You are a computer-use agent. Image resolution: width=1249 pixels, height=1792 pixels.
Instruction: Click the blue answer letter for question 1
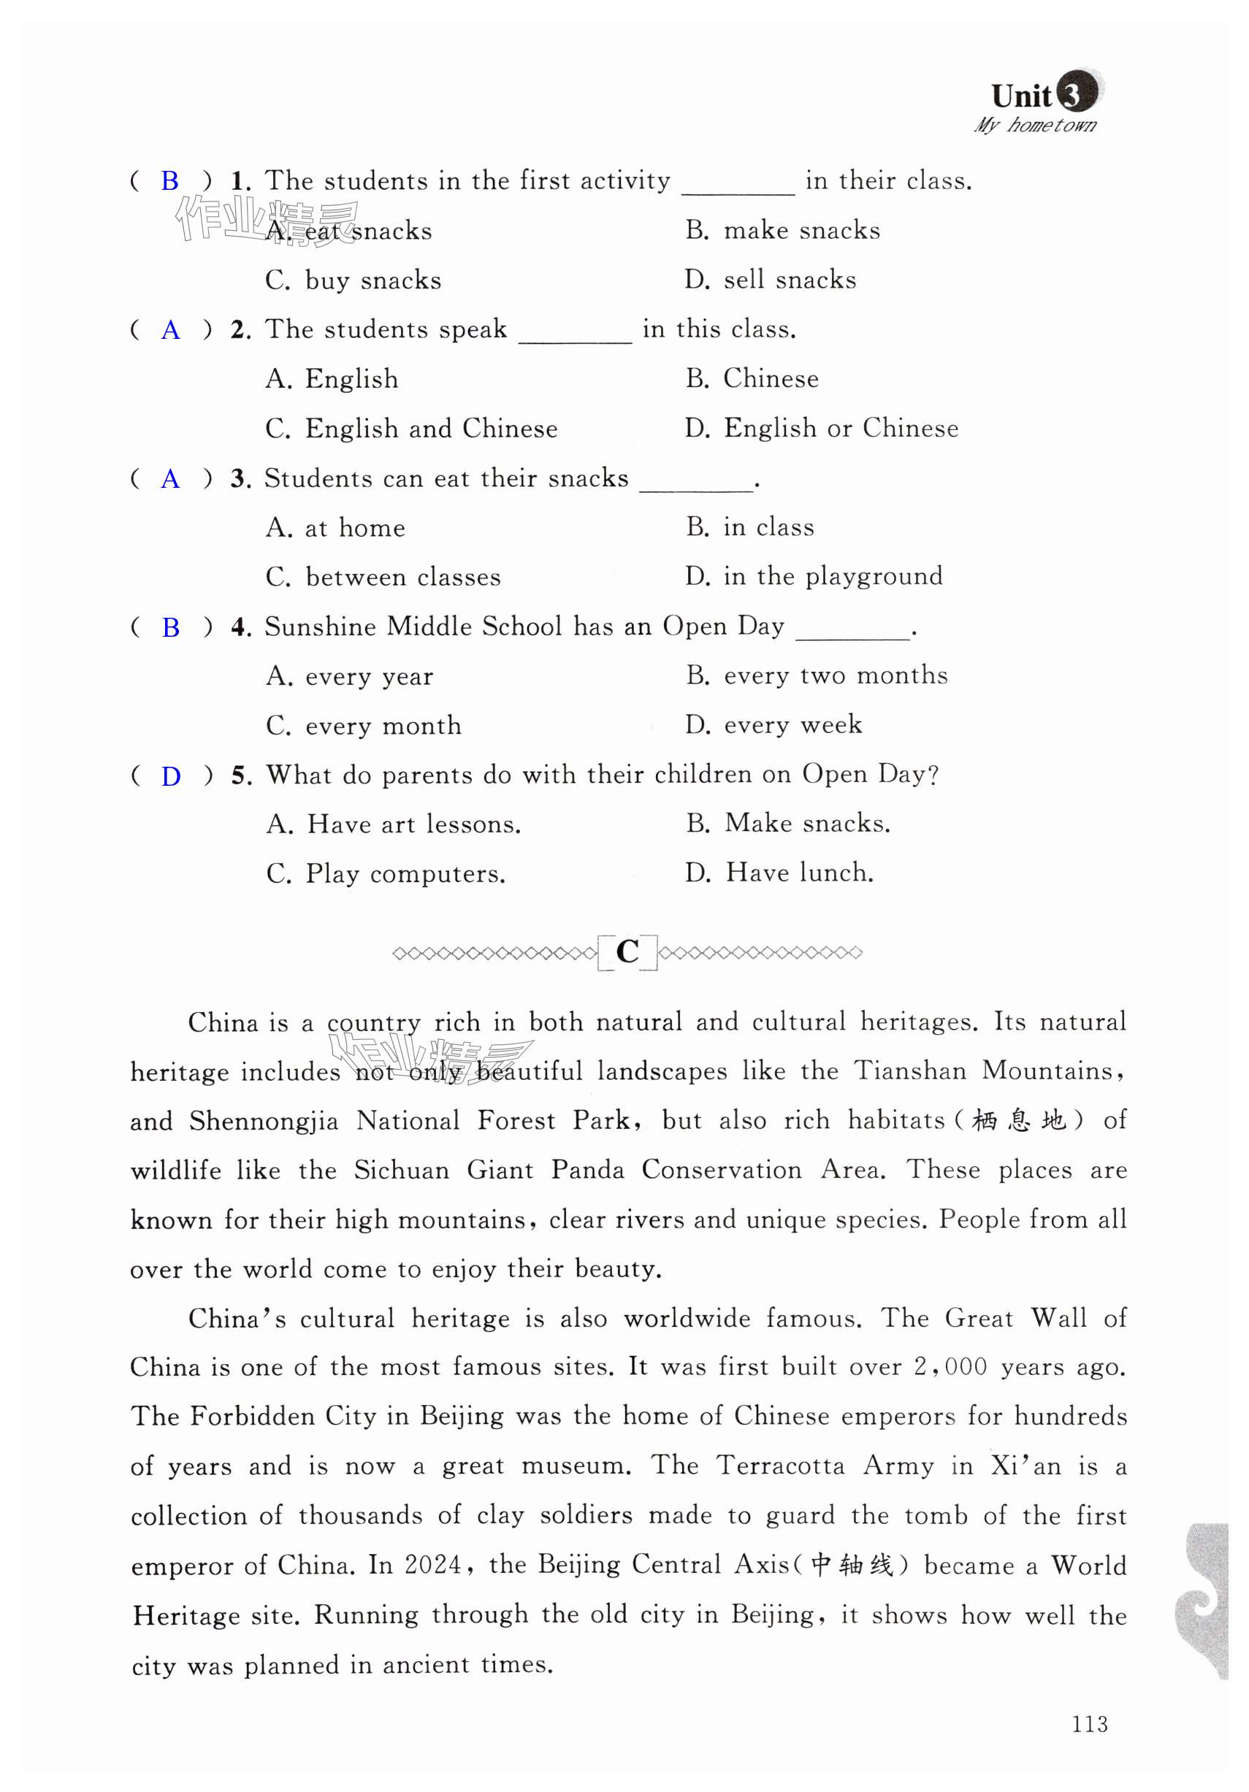point(169,181)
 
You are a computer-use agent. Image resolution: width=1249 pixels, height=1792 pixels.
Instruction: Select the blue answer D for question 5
point(170,776)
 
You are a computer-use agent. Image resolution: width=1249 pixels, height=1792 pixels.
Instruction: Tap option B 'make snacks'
point(782,230)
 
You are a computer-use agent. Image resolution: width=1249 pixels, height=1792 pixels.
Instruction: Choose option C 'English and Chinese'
point(411,429)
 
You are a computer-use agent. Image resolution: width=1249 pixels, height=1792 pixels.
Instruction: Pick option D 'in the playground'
point(814,577)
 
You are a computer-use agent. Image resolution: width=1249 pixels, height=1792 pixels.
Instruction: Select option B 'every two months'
point(817,675)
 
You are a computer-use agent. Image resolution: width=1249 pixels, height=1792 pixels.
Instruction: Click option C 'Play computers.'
point(386,873)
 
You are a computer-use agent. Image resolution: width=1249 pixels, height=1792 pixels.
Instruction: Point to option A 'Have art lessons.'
point(394,824)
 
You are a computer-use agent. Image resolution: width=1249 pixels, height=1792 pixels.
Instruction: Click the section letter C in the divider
point(627,951)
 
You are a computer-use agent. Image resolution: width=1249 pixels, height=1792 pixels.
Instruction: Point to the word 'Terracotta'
point(781,1466)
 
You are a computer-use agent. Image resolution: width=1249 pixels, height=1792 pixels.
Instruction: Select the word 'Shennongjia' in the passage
point(264,1122)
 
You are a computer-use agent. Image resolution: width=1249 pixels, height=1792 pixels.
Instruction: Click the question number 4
point(240,627)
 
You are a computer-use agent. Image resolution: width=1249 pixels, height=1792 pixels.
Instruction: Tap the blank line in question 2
point(575,338)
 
